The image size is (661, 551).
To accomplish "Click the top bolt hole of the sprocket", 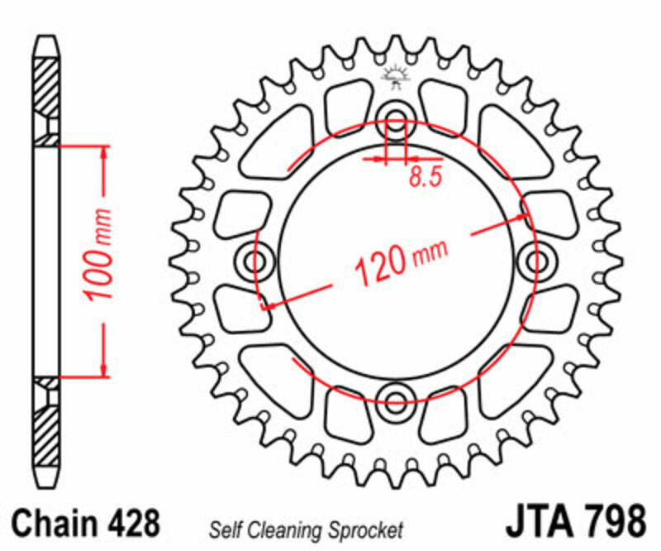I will [x=396, y=116].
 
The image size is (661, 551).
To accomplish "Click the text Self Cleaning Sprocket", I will [x=306, y=529].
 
